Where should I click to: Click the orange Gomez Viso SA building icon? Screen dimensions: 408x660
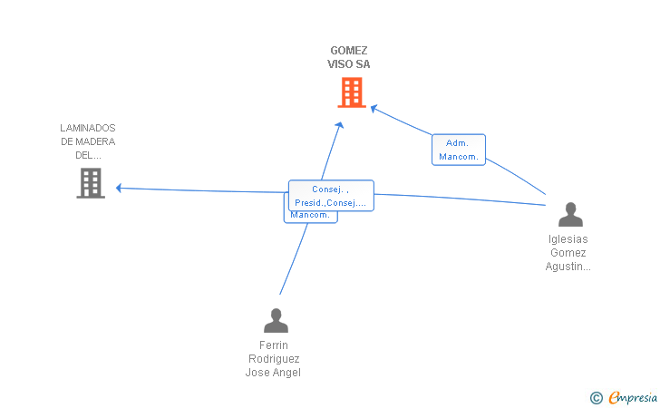[x=351, y=92]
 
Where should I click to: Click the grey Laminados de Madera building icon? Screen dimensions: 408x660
[x=90, y=183]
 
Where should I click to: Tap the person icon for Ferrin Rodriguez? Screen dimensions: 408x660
[x=275, y=320]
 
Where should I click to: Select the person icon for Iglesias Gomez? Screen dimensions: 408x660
[x=570, y=214]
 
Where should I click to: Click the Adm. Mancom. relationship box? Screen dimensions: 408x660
[x=459, y=150]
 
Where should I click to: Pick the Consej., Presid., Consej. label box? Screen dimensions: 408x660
[x=331, y=196]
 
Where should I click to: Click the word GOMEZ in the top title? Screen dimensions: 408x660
[x=349, y=51]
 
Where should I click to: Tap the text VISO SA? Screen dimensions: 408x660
[x=349, y=64]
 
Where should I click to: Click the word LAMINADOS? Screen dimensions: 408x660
[x=88, y=128]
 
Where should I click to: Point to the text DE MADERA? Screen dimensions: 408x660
[x=88, y=141]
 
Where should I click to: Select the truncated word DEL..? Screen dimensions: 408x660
[x=88, y=155]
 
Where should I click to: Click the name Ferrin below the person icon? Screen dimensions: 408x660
[x=274, y=345]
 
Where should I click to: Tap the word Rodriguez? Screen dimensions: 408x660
[x=274, y=359]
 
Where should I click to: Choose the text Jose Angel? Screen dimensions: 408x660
[x=274, y=373]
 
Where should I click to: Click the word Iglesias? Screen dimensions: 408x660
[x=568, y=239]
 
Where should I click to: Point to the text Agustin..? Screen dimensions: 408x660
[x=568, y=267]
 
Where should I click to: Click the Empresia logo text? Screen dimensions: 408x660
[x=633, y=397]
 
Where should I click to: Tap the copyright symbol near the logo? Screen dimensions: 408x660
[x=596, y=397]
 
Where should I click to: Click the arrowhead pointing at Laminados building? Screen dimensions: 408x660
[x=119, y=189]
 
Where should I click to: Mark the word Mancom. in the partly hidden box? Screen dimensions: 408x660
[x=309, y=215]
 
